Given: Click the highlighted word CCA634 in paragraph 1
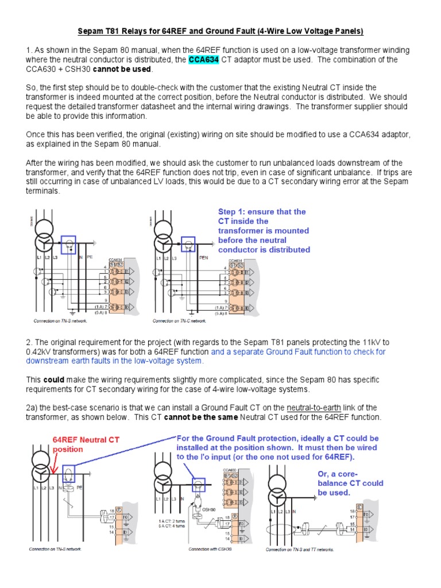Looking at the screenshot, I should click(x=205, y=60).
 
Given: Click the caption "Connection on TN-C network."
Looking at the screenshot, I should click(x=179, y=321).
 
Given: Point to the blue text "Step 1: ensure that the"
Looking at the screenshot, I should click(x=262, y=211).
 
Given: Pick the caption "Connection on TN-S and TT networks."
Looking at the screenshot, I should click(x=299, y=550).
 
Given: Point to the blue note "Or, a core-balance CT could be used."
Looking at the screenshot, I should click(x=350, y=483).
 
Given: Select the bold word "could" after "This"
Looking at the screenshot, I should click(x=54, y=380).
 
